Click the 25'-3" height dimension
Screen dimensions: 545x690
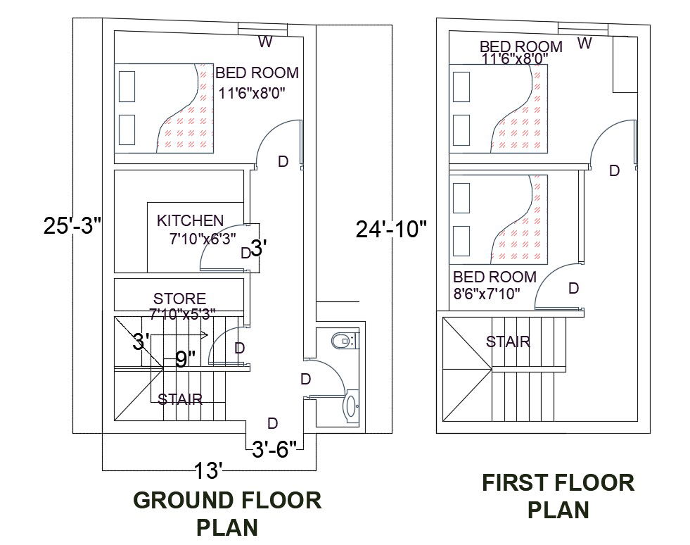(73, 226)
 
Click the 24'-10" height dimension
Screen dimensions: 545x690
(391, 230)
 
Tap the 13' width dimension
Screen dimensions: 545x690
(209, 468)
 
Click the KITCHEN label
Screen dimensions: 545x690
(190, 220)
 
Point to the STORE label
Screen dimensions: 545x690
(180, 299)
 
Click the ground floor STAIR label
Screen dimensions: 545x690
(180, 399)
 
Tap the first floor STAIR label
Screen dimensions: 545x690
(508, 342)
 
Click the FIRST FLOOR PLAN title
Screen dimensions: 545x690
(558, 495)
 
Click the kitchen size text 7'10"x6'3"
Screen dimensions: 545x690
(203, 239)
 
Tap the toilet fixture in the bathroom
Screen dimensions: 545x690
(344, 342)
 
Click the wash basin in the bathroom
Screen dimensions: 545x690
(350, 406)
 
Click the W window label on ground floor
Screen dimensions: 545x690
(265, 42)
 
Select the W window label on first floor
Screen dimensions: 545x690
(584, 43)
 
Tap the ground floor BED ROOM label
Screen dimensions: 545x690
(257, 73)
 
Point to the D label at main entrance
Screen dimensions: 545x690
(273, 422)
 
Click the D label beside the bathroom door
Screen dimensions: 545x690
(305, 379)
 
